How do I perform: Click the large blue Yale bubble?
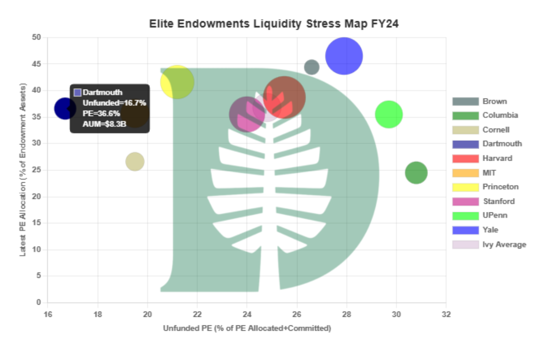[344, 56]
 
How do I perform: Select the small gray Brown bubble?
[311, 67]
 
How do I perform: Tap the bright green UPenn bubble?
[388, 114]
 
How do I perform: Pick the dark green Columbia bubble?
[416, 172]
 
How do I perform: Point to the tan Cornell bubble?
[135, 161]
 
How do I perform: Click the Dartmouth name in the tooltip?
[102, 92]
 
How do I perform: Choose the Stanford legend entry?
[498, 201]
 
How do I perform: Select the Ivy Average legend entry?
[504, 244]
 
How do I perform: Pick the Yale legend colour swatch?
[465, 230]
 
